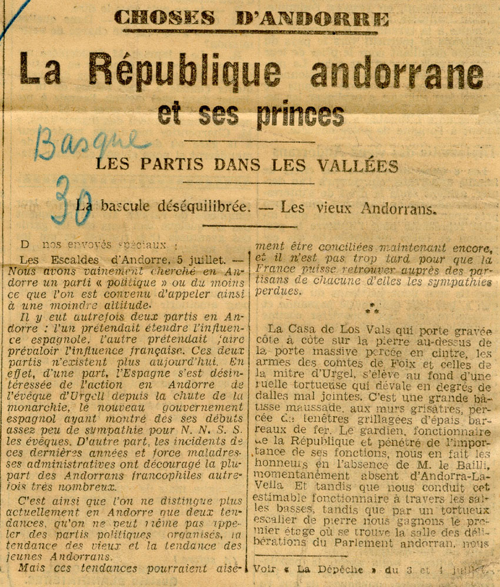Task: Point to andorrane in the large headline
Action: [397, 74]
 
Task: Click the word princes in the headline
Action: [300, 113]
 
